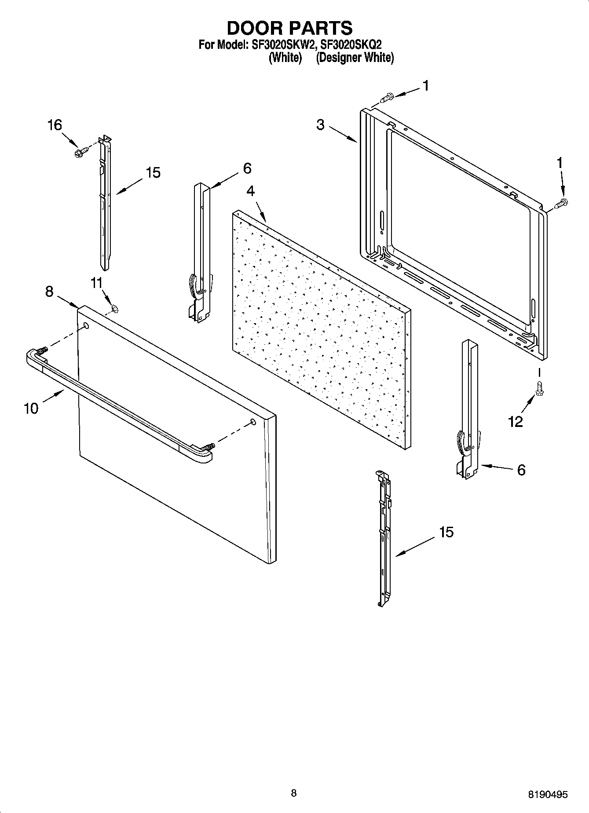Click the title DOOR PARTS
pyautogui.click(x=289, y=28)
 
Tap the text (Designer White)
pyautogui.click(x=355, y=58)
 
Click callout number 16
pyautogui.click(x=55, y=125)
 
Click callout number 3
pyautogui.click(x=320, y=125)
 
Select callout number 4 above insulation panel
pyautogui.click(x=250, y=191)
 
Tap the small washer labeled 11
pyautogui.click(x=115, y=309)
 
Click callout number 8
pyautogui.click(x=49, y=291)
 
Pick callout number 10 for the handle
pyautogui.click(x=31, y=408)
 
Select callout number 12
pyautogui.click(x=516, y=422)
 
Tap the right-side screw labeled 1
pyautogui.click(x=561, y=203)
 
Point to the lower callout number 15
pyautogui.click(x=446, y=532)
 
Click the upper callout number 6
pyautogui.click(x=247, y=168)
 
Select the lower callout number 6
pyautogui.click(x=521, y=470)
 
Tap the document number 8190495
pyautogui.click(x=548, y=795)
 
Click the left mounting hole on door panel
pyautogui.click(x=86, y=326)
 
